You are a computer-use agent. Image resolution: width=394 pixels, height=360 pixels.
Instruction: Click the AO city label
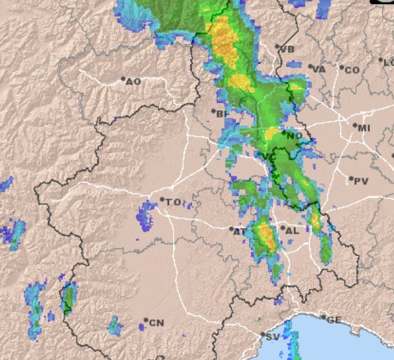134,81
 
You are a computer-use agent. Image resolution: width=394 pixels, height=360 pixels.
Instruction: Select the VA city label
319,69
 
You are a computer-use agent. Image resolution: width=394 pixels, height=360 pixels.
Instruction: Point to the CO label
352,69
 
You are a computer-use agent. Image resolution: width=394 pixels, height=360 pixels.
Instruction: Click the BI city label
222,114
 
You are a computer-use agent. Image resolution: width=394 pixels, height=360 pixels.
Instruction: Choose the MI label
364,128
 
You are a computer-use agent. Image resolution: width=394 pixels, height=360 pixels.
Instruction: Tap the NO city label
295,136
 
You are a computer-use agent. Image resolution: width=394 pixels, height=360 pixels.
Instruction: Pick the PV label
361,181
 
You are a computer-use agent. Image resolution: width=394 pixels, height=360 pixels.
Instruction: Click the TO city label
173,202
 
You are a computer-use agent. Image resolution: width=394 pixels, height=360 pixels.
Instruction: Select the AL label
292,230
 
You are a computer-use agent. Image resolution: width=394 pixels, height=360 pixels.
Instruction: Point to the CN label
156,323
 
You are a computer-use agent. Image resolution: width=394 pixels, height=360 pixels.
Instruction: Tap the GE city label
334,320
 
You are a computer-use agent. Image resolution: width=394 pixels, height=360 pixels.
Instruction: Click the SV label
272,337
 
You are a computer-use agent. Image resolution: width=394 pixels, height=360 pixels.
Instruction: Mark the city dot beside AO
124,79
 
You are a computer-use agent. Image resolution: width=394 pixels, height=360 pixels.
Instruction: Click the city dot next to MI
355,125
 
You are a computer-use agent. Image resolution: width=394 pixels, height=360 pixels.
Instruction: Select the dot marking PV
351,178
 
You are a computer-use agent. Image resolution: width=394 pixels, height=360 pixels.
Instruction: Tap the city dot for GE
324,317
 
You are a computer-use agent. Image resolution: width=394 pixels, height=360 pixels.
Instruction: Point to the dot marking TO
162,199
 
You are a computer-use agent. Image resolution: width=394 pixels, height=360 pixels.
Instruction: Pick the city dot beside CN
146,321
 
